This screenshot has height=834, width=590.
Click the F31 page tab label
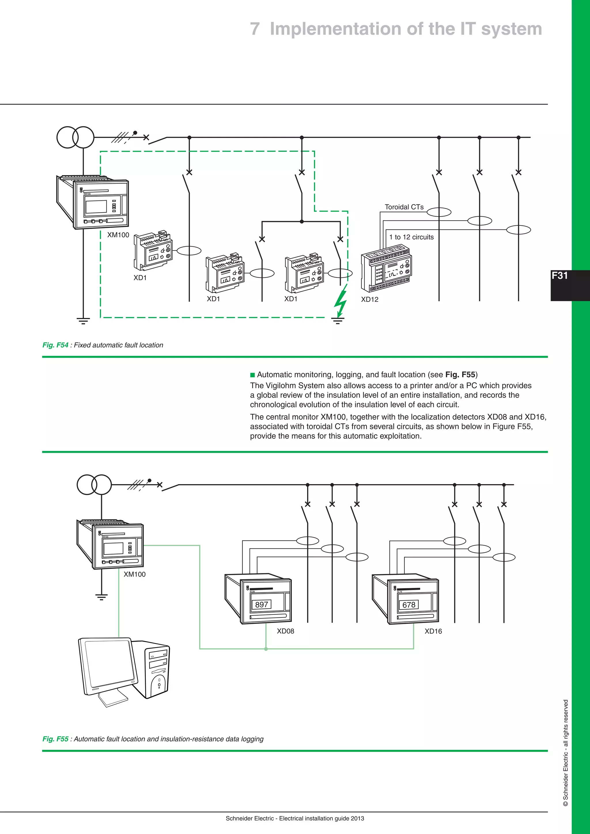pyautogui.click(x=559, y=276)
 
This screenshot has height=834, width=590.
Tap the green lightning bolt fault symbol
pyautogui.click(x=341, y=300)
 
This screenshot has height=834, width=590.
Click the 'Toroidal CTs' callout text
pyautogui.click(x=404, y=207)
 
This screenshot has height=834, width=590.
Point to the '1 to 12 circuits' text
pyautogui.click(x=411, y=237)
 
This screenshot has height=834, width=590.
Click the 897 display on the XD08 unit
pyautogui.click(x=262, y=604)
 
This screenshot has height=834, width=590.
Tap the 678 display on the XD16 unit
pyautogui.click(x=409, y=605)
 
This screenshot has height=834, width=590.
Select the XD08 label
pyautogui.click(x=285, y=631)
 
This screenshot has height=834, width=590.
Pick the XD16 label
pyautogui.click(x=433, y=631)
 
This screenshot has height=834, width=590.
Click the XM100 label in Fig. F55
pyautogui.click(x=135, y=574)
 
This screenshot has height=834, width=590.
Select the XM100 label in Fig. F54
pyautogui.click(x=118, y=235)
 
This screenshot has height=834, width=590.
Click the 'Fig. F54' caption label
pyautogui.click(x=55, y=345)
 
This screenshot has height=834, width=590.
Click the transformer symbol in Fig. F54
pyautogui.click(x=75, y=137)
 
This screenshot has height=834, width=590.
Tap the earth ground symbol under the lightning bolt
pyautogui.click(x=338, y=320)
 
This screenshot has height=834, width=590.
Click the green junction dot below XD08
pyautogui.click(x=266, y=649)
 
